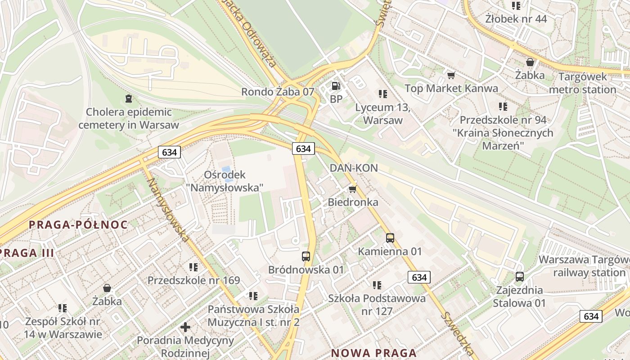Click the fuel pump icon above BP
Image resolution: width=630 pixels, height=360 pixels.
[336, 85]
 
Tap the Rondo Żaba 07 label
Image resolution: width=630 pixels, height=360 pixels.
[278, 92]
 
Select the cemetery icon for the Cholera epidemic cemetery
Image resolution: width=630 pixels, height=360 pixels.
[129, 98]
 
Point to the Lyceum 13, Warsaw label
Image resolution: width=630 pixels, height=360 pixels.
[382, 114]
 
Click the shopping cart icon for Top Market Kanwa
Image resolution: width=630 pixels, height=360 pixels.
[451, 75]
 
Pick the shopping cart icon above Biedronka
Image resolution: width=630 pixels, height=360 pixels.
[353, 189]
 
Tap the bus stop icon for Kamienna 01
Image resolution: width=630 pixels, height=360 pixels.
[390, 238]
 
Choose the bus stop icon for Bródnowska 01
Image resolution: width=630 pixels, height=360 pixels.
[306, 256]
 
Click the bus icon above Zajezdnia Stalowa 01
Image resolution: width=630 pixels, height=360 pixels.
[520, 277]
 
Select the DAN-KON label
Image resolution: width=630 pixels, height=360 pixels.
[354, 168]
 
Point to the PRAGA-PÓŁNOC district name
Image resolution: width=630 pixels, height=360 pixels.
[79, 225]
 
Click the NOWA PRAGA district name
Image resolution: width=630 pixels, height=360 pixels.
[374, 353]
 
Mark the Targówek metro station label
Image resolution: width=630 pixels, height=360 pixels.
[582, 83]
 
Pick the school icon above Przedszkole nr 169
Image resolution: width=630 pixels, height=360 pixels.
[193, 267]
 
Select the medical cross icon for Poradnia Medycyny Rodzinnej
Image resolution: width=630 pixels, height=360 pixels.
[185, 327]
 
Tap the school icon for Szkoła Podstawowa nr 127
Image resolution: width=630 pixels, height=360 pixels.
[377, 285]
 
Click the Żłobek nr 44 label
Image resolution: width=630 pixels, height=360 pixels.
[516, 19]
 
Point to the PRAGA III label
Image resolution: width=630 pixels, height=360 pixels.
[27, 253]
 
